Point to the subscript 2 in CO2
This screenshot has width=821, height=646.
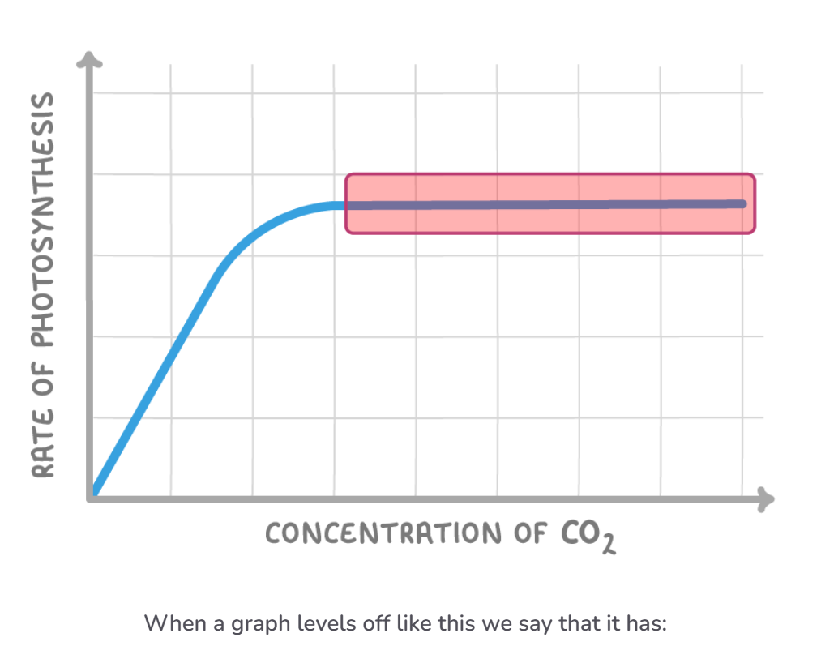[607, 544]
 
